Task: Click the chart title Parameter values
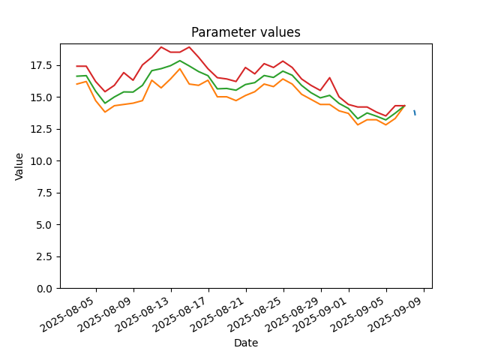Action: pyautogui.click(x=246, y=32)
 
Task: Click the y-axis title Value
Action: pyautogui.click(x=19, y=166)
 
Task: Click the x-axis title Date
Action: pyautogui.click(x=246, y=343)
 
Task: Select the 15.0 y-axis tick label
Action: pyautogui.click(x=43, y=97)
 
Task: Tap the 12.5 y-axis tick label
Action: pyautogui.click(x=43, y=129)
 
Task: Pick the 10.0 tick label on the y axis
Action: pyautogui.click(x=43, y=161)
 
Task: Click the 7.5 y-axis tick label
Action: pyautogui.click(x=46, y=193)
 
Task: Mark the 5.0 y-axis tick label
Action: pyautogui.click(x=46, y=225)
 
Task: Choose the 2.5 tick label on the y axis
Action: pyautogui.click(x=46, y=256)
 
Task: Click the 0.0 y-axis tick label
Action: pyautogui.click(x=46, y=289)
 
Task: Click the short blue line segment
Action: pyautogui.click(x=415, y=112)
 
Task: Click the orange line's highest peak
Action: pyautogui.click(x=180, y=69)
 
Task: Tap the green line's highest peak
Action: pyautogui.click(x=180, y=61)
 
